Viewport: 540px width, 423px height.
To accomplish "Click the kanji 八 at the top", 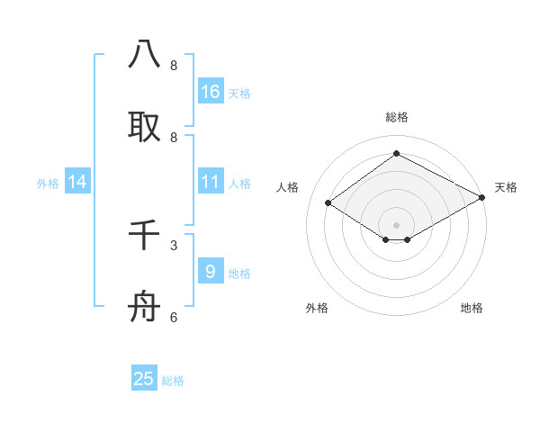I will coord(144,54).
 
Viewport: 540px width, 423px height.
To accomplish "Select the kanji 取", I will coord(144,127).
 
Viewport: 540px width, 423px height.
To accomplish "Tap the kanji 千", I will coord(144,236).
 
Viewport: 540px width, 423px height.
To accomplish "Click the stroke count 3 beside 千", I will coord(174,244).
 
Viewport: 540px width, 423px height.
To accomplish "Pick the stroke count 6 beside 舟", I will coord(174,317).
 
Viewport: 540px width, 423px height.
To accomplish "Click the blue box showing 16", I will coord(211,91).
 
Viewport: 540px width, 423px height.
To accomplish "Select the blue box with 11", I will coord(211,182).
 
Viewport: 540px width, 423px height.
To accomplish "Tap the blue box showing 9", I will coord(211,270).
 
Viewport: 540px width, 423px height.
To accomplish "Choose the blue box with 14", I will coord(77,182).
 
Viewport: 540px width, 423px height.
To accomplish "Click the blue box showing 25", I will coord(144,379).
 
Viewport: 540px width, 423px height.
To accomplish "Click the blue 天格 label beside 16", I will coord(239,94).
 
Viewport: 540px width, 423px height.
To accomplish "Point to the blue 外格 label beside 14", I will coord(48,184).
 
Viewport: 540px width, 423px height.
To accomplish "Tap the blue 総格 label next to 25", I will coord(174,382).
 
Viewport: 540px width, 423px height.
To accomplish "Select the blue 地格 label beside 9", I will coord(239,274).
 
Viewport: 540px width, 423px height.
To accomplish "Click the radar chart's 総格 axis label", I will coord(396,117).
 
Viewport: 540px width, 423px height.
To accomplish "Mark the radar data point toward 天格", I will coord(482,199).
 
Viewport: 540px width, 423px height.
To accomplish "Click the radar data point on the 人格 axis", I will coord(328,203).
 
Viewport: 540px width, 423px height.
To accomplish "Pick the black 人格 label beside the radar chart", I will coord(288,187).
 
